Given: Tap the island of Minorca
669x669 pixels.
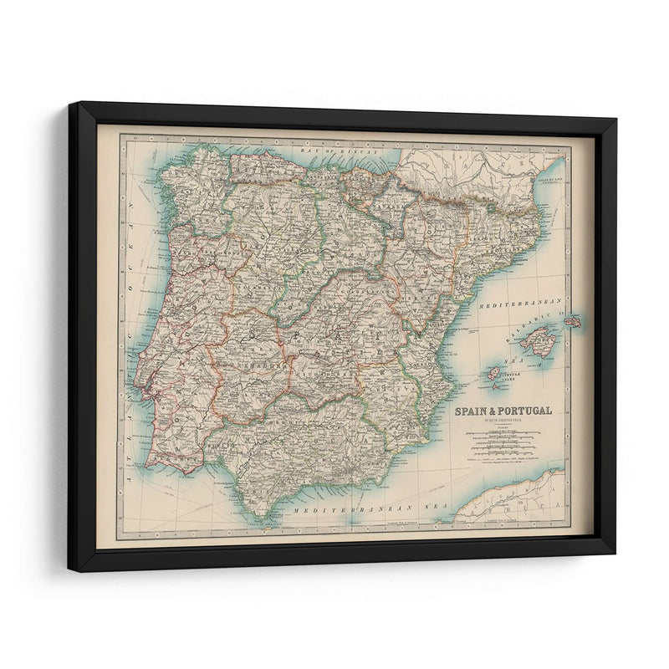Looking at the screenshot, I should click(573, 322).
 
